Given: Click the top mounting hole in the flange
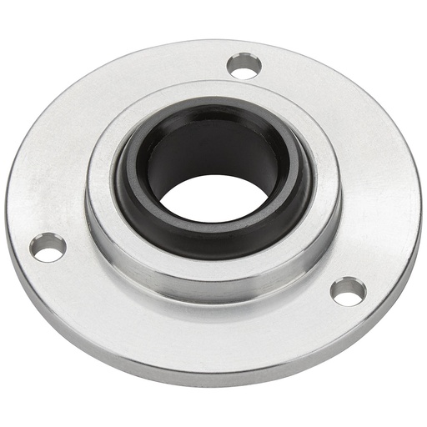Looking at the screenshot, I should coord(244,67).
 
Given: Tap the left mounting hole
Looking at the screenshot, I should coord(49,247).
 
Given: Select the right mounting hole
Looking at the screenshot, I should coord(348,291).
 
